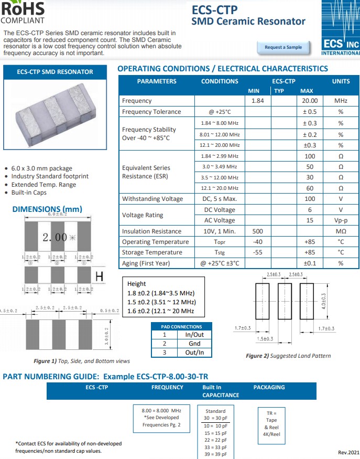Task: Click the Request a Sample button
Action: click(x=283, y=47)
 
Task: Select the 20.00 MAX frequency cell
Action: click(x=310, y=101)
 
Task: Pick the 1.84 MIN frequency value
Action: click(x=257, y=101)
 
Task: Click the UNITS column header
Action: click(x=341, y=81)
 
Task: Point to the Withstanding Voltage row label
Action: click(x=152, y=199)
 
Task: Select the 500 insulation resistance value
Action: click(x=257, y=231)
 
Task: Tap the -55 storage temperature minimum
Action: click(x=257, y=252)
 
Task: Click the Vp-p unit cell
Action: click(x=341, y=220)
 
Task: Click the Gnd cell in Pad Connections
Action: click(x=194, y=344)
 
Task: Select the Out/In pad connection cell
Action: click(x=194, y=353)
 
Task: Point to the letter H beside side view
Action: click(x=98, y=276)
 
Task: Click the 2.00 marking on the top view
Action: click(x=55, y=238)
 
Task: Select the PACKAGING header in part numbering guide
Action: click(x=269, y=387)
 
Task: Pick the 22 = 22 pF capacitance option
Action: click(x=215, y=440)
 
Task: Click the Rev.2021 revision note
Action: click(x=348, y=452)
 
